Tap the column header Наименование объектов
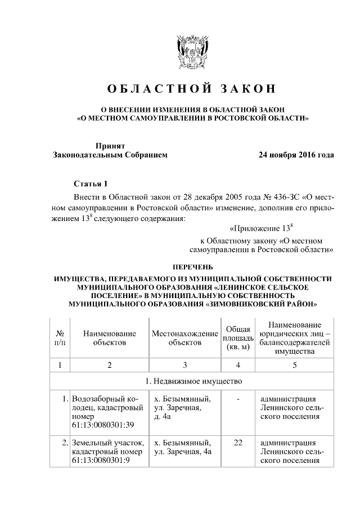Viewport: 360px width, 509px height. pos(110,337)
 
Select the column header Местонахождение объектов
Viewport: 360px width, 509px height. pos(185,337)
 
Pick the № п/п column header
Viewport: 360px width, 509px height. pos(60,337)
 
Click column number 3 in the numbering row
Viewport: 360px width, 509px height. pos(185,365)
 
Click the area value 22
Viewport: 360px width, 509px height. pos(238,443)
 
